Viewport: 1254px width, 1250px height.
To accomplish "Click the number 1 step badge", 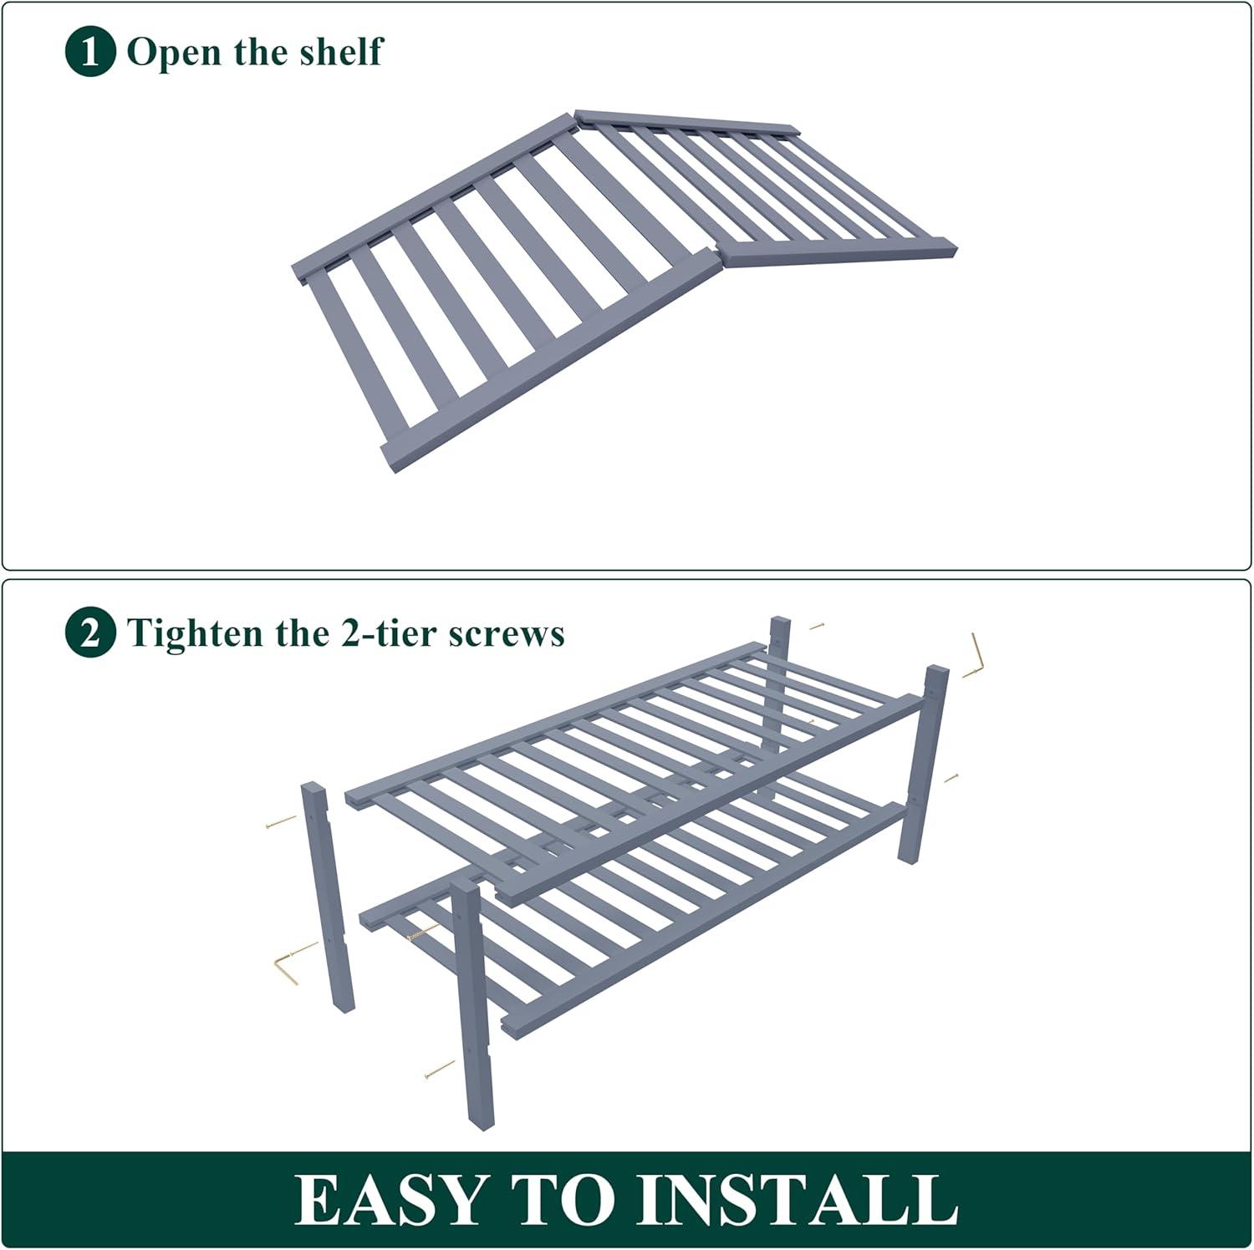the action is [x=89, y=53].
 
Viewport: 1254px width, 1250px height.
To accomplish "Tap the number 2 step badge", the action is [x=89, y=633].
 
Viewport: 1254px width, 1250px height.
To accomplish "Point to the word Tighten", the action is [x=195, y=634].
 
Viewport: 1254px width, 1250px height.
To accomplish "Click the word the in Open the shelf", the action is [x=259, y=51].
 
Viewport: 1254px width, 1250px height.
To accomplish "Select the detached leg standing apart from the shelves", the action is [x=327, y=897].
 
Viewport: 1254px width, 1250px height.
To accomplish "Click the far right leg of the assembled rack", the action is [x=924, y=764].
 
